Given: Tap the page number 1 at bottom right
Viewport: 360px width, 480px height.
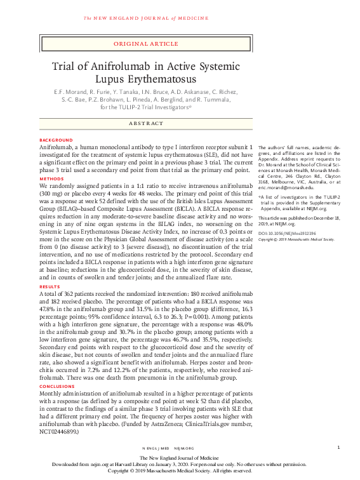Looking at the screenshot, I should pyautogui.click(x=339, y=448).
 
